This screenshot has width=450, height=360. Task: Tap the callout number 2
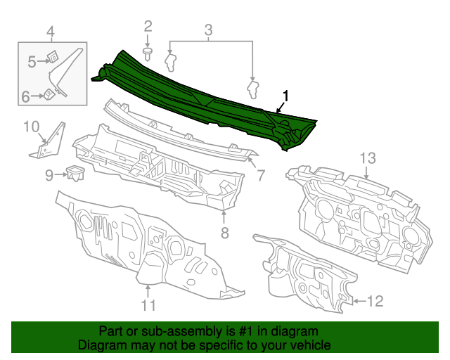tap(148, 27)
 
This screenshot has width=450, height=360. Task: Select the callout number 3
tap(208, 30)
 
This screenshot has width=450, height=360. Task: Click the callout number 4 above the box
tap(50, 31)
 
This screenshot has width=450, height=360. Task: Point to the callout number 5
tap(32, 63)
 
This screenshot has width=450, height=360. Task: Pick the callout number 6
tap(25, 97)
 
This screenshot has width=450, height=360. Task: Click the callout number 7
tap(259, 174)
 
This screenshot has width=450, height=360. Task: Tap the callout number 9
tap(49, 174)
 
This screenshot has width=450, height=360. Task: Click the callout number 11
tap(148, 304)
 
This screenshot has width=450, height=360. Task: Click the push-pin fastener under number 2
tap(148, 53)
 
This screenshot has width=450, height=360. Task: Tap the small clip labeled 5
tap(53, 58)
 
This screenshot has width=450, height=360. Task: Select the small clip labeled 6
tap(46, 93)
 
